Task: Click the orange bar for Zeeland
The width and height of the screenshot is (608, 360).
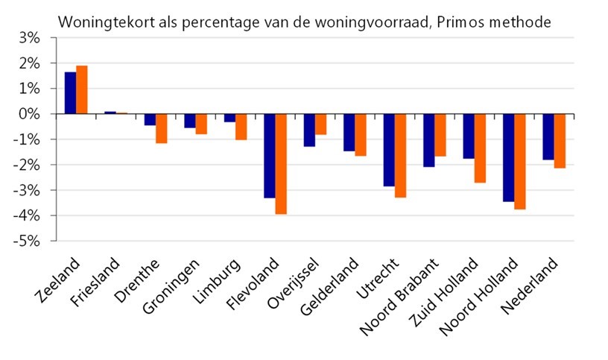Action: pyautogui.click(x=82, y=90)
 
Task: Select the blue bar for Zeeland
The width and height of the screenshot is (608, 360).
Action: pyautogui.click(x=70, y=93)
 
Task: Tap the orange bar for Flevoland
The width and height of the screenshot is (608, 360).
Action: pyautogui.click(x=281, y=164)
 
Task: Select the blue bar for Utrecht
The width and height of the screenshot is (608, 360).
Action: pyautogui.click(x=389, y=150)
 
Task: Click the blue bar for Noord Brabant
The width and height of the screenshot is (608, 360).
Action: pyautogui.click(x=428, y=140)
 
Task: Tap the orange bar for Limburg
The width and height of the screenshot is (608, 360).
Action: pyautogui.click(x=241, y=127)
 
